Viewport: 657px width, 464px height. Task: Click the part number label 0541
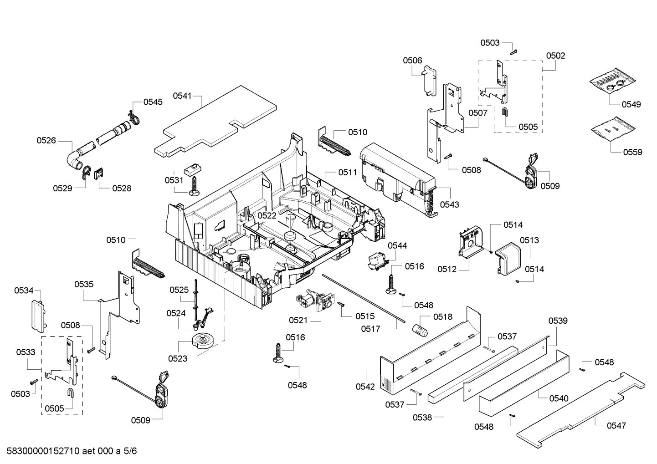(182, 96)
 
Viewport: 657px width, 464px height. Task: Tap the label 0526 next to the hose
(46, 140)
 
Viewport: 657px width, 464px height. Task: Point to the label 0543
(449, 204)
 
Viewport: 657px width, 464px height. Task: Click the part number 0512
(447, 269)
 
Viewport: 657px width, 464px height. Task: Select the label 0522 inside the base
(267, 215)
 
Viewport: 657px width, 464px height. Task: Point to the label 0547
(616, 425)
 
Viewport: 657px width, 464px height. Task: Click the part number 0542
(365, 387)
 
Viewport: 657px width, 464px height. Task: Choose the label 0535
(84, 284)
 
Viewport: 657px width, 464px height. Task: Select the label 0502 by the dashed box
(555, 56)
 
